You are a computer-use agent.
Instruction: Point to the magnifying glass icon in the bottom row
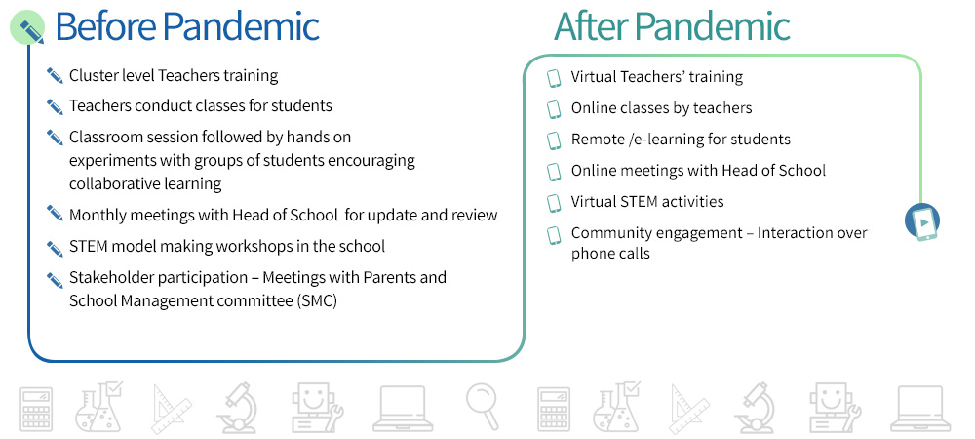coord(484,406)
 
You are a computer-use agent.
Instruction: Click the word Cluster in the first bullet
coord(90,76)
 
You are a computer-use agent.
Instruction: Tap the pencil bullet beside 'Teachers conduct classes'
coord(55,107)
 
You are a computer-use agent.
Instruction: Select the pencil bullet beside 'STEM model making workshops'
coord(55,248)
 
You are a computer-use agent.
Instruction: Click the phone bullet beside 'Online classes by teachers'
coord(554,109)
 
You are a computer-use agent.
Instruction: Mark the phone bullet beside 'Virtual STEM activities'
coord(554,203)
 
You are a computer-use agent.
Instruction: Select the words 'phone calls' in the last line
coord(610,254)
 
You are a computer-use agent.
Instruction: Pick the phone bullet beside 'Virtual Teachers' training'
coord(554,78)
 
